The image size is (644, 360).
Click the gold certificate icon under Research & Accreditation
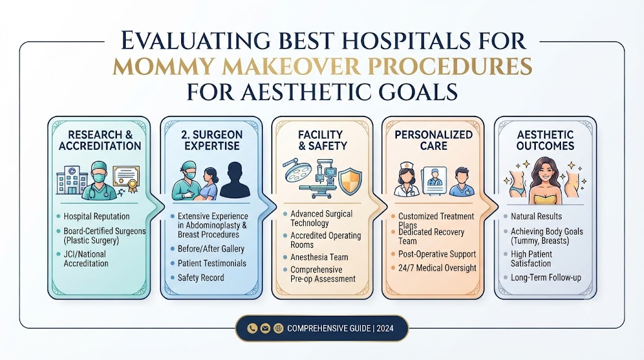[126, 179]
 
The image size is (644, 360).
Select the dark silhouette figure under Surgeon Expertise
[235, 180]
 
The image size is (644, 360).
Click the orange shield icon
[350, 181]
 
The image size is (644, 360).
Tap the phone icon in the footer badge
[252, 328]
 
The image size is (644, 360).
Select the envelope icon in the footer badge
[265, 328]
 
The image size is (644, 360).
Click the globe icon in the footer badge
[279, 328]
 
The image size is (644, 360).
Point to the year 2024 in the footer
[385, 329]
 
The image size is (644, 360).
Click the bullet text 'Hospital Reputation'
[96, 216]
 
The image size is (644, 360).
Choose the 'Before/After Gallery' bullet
[211, 249]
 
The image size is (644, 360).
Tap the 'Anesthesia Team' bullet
[319, 257]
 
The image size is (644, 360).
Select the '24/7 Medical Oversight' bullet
[437, 268]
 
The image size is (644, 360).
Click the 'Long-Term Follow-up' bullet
[546, 278]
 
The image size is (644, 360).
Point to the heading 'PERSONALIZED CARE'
[434, 140]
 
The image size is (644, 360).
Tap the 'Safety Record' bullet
[201, 278]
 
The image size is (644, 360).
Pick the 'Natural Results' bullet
[536, 216]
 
